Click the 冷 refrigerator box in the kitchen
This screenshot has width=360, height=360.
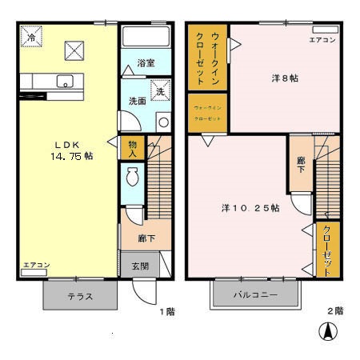coord(30,37)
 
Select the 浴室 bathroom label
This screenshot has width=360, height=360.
coord(145,62)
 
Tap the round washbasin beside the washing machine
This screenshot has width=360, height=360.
coord(163,122)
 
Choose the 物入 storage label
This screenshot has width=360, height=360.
coord(133,149)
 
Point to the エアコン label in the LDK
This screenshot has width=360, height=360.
coord(37,265)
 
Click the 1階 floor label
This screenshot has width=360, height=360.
coord(166,310)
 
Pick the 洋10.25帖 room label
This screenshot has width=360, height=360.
coord(250,208)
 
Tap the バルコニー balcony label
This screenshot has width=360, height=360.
coord(255,295)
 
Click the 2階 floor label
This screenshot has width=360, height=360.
coord(334,310)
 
